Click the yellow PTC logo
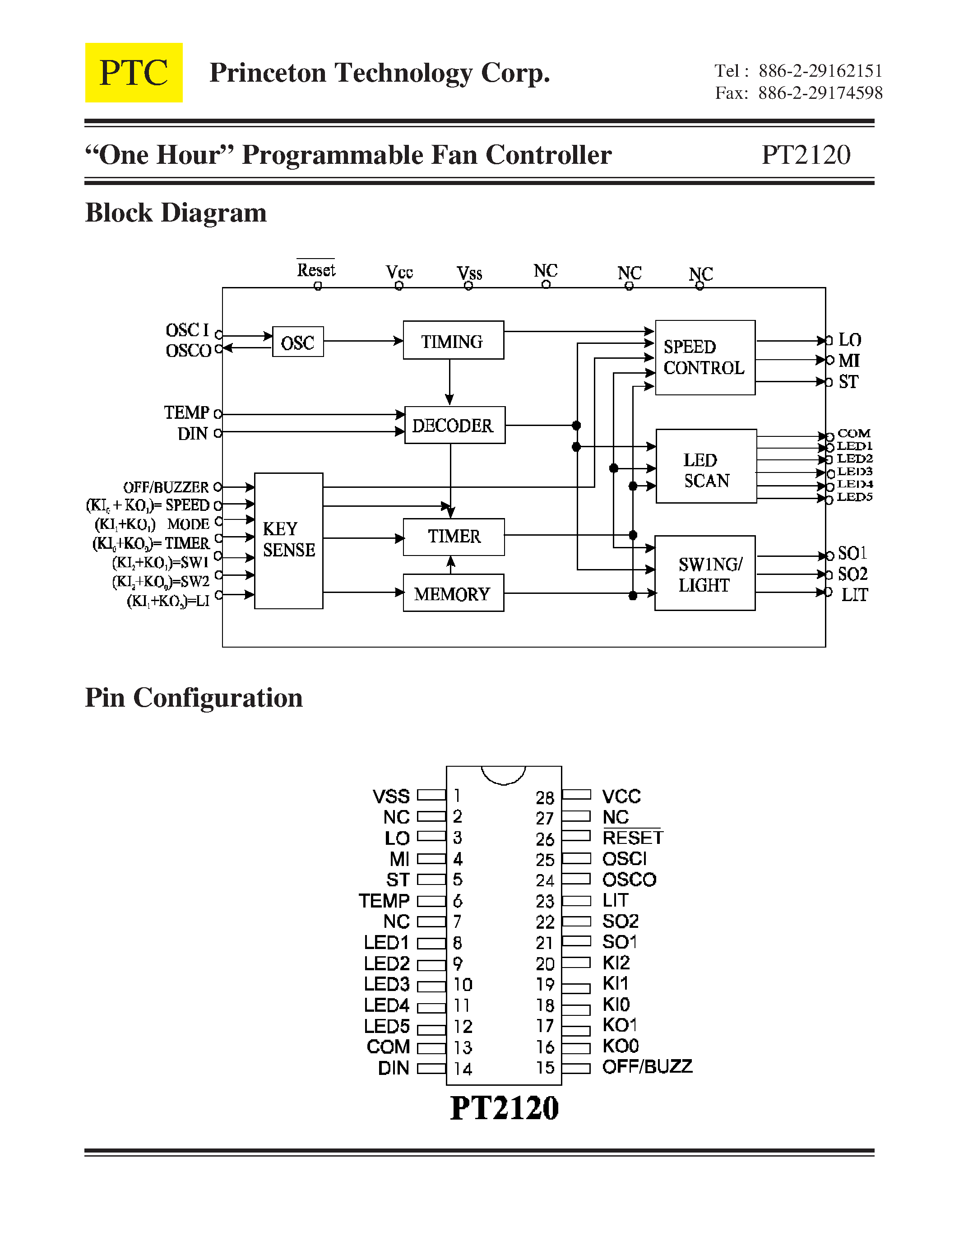(134, 73)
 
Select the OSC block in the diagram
(298, 342)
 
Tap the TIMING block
(453, 340)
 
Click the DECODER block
(454, 425)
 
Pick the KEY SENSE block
(289, 540)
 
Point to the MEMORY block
(453, 593)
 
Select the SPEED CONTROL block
(705, 357)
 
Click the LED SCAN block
(706, 467)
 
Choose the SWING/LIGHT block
(705, 573)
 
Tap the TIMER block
(454, 537)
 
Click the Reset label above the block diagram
(316, 270)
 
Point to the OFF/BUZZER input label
(166, 487)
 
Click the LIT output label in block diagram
(854, 595)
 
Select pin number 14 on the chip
(463, 1069)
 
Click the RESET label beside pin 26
(633, 838)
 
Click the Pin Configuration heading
(194, 698)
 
